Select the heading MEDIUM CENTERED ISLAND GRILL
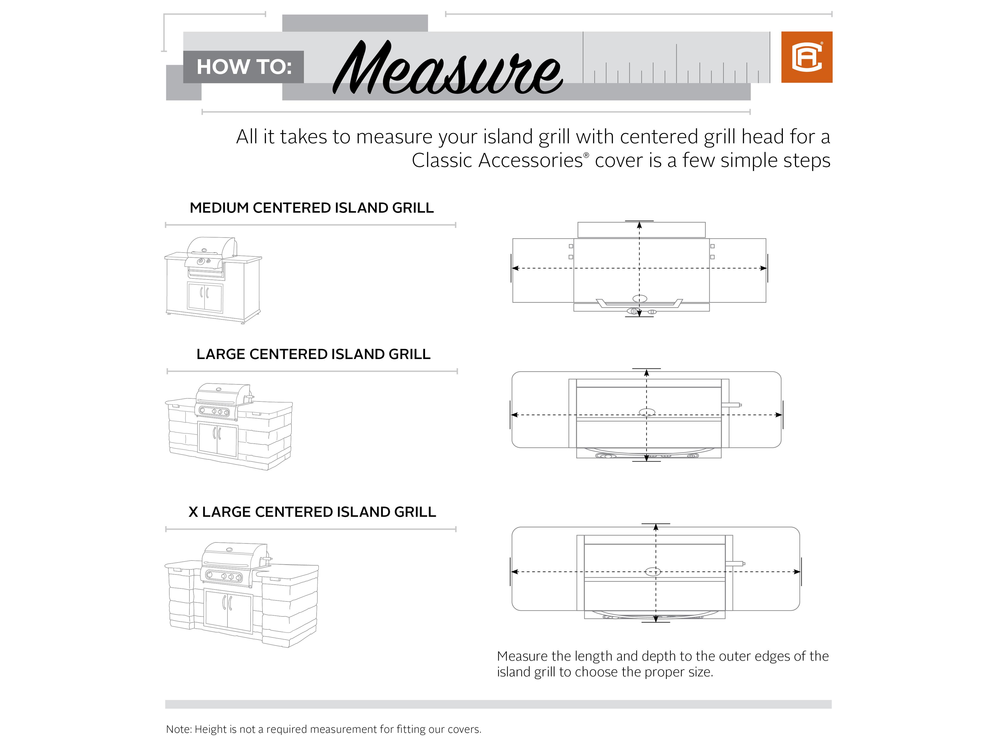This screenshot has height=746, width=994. tap(311, 208)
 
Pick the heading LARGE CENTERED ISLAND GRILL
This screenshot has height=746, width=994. tap(313, 354)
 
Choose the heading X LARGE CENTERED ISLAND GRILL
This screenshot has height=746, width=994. tap(312, 512)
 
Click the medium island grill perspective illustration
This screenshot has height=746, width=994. tap(213, 280)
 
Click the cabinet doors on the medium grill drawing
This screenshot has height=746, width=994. tap(205, 297)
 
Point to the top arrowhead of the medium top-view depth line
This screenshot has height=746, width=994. tap(639, 225)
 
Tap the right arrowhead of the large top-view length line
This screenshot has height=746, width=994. tap(779, 415)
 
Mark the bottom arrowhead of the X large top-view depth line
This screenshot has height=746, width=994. tap(656, 619)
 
